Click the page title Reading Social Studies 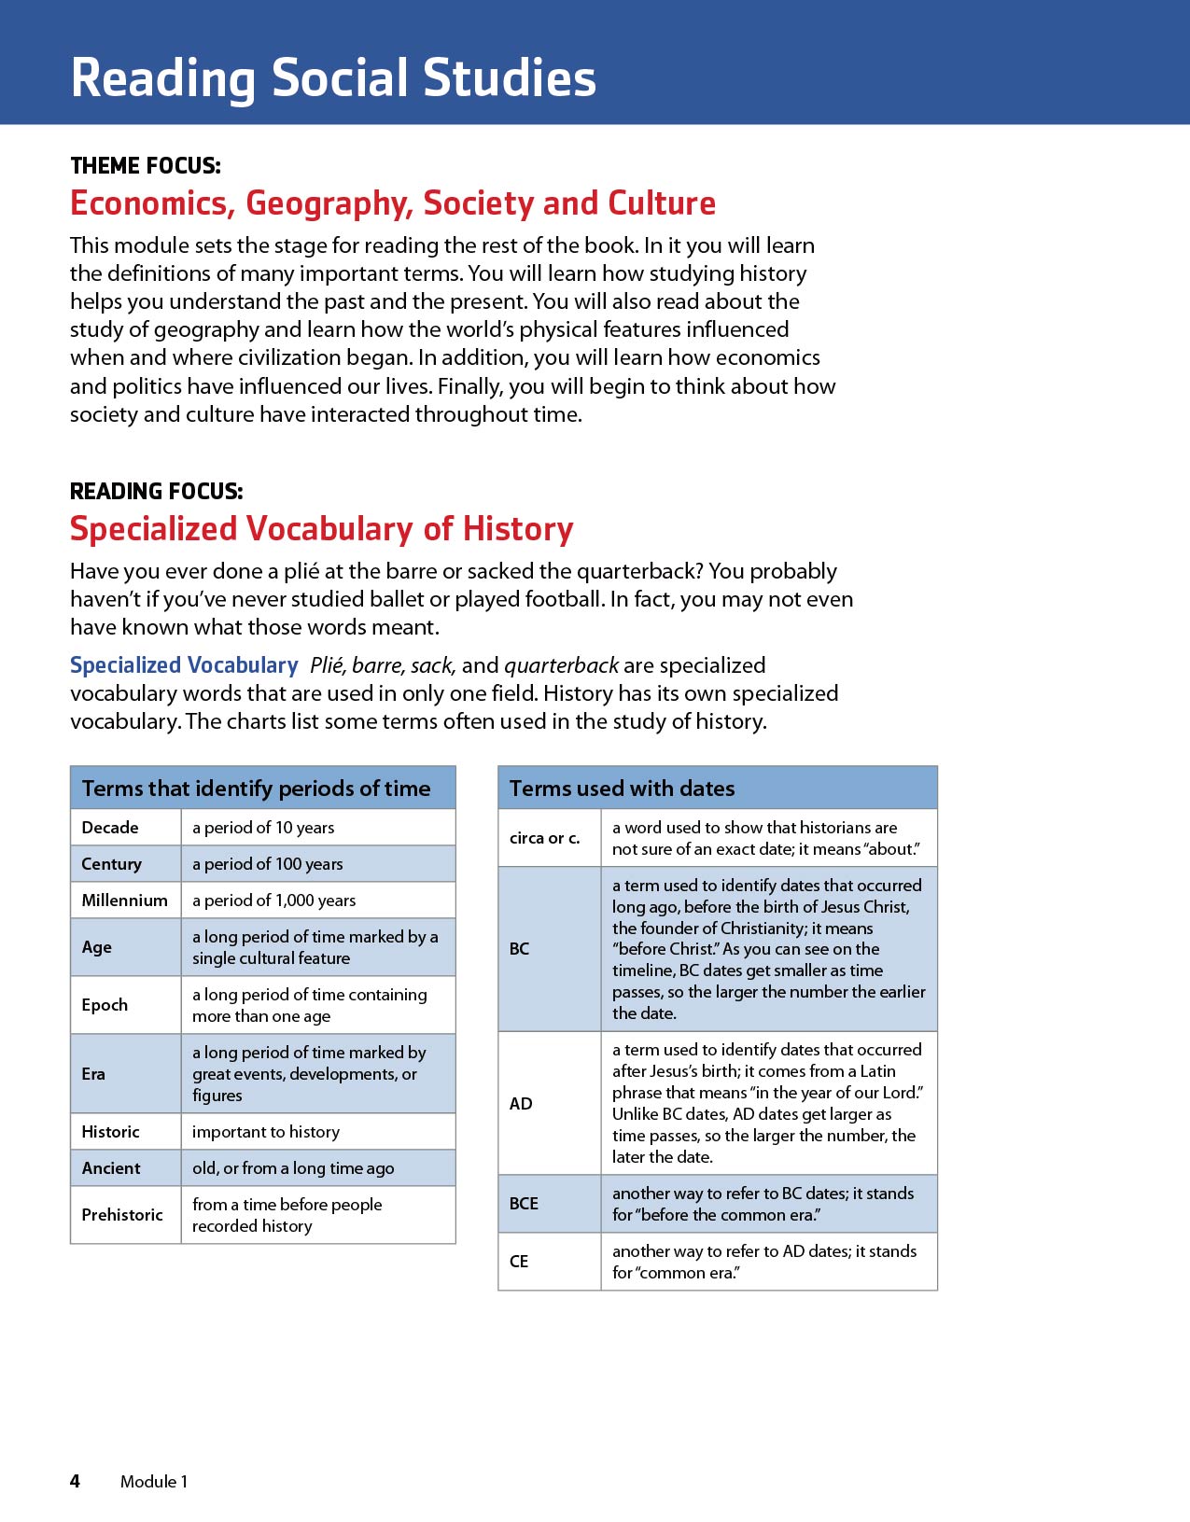click(x=333, y=77)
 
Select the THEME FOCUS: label click(x=146, y=166)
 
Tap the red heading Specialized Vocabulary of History click(x=321, y=529)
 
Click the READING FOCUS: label click(x=156, y=492)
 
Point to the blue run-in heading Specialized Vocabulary click(x=184, y=665)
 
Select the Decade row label click(x=110, y=828)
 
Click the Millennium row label click(x=124, y=901)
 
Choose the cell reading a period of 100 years click(x=267, y=864)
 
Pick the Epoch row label click(x=105, y=1005)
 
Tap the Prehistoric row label click(x=122, y=1215)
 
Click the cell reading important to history click(x=266, y=1132)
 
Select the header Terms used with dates click(x=622, y=789)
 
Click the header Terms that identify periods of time click(x=256, y=789)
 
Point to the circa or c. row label click(x=544, y=838)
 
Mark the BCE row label click(x=524, y=1204)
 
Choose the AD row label click(x=521, y=1104)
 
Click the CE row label click(x=519, y=1262)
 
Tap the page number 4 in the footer click(x=75, y=1481)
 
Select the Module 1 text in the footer click(x=154, y=1482)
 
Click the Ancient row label click(x=111, y=1168)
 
